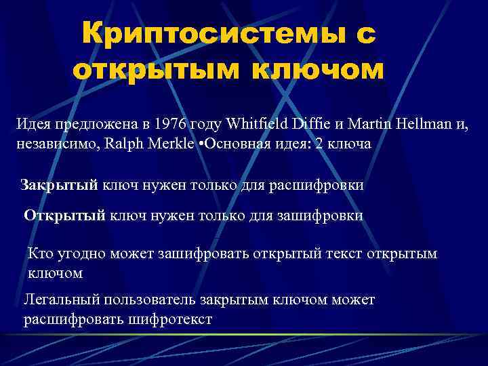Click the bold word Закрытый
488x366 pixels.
tap(59, 185)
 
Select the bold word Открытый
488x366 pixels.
tap(64, 216)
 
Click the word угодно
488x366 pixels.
tap(83, 254)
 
